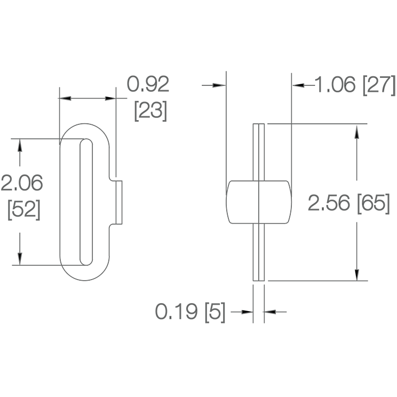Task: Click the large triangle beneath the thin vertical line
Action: [109, 95]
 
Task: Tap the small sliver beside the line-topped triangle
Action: [67, 98]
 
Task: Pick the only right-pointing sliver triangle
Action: [217, 85]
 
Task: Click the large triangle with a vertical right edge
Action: [300, 81]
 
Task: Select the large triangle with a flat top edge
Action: [353, 274]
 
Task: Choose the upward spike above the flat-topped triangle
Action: [357, 134]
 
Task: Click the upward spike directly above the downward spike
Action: [20, 147]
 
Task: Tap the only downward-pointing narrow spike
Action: [20, 257]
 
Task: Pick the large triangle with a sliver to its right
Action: [245, 308]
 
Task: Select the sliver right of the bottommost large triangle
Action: [272, 312]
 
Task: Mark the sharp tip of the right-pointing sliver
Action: [221, 85]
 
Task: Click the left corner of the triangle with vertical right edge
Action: [294, 84]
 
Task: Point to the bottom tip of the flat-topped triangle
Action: [356, 280]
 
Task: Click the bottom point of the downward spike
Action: [20, 260]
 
